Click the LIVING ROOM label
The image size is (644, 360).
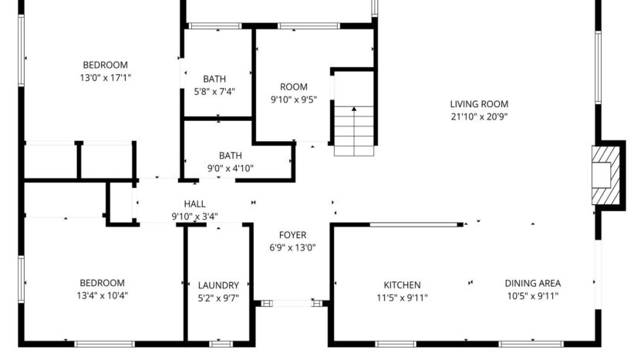479,105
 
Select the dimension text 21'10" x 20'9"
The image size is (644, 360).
479,117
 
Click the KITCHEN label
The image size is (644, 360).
403,284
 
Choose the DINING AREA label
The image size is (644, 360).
532,284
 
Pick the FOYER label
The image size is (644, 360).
292,235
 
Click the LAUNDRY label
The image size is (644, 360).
218,284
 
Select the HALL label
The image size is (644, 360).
194,204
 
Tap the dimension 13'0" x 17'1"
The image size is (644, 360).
106,77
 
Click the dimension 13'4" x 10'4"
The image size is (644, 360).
101,296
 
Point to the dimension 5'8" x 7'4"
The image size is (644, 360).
214,91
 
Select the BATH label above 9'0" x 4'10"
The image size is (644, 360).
230,155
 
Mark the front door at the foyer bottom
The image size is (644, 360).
292,303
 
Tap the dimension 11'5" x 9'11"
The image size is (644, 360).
402,297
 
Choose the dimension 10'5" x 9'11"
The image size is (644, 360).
532,296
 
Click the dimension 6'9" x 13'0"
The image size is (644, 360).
292,247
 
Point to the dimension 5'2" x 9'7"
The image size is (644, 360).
218,297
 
